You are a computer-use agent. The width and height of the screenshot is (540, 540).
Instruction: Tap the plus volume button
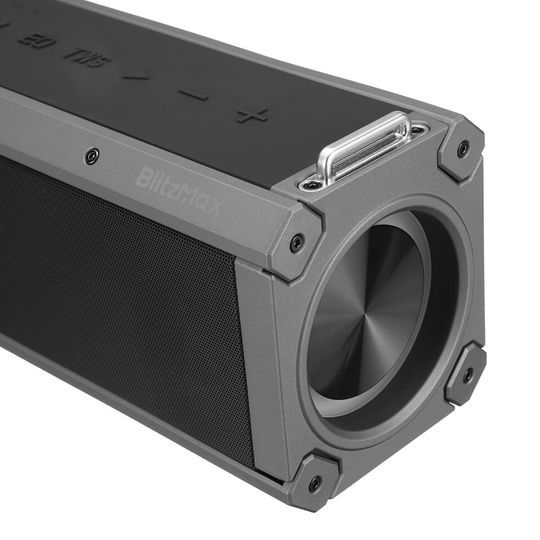click(x=253, y=115)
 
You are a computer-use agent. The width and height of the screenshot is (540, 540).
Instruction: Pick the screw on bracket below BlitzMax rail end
click(x=295, y=239)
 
